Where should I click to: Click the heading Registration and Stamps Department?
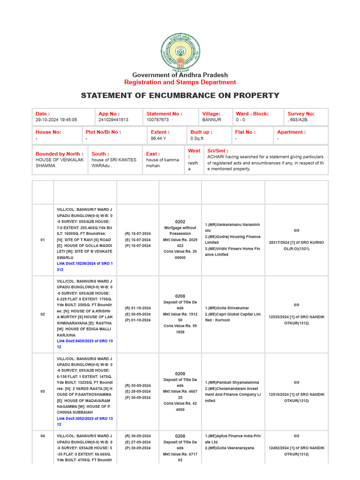(x=180, y=82)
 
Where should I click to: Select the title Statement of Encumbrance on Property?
(x=180, y=96)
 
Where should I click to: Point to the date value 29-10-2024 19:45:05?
(x=56, y=120)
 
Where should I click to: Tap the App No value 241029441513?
(x=113, y=120)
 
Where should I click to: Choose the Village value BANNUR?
(x=211, y=120)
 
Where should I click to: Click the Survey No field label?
(x=301, y=113)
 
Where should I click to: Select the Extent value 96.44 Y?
(x=159, y=139)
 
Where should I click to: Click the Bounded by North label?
(x=59, y=153)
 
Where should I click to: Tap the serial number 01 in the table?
(x=43, y=240)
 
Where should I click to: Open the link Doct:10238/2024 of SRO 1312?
(x=84, y=266)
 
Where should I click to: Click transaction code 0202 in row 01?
(x=180, y=222)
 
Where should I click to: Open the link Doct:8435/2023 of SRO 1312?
(x=84, y=344)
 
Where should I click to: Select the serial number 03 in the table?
(x=43, y=391)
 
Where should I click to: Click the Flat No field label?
(x=245, y=132)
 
